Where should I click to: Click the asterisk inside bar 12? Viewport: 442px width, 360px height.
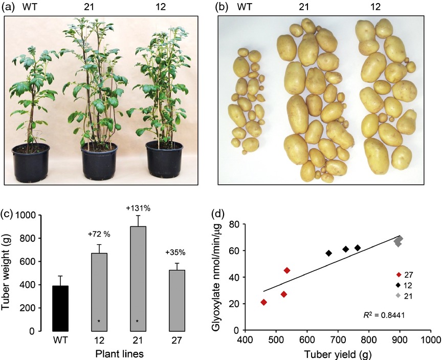click(x=99, y=321)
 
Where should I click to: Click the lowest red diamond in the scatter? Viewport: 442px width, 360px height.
click(x=264, y=302)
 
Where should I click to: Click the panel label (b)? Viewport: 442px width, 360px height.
click(x=223, y=8)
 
